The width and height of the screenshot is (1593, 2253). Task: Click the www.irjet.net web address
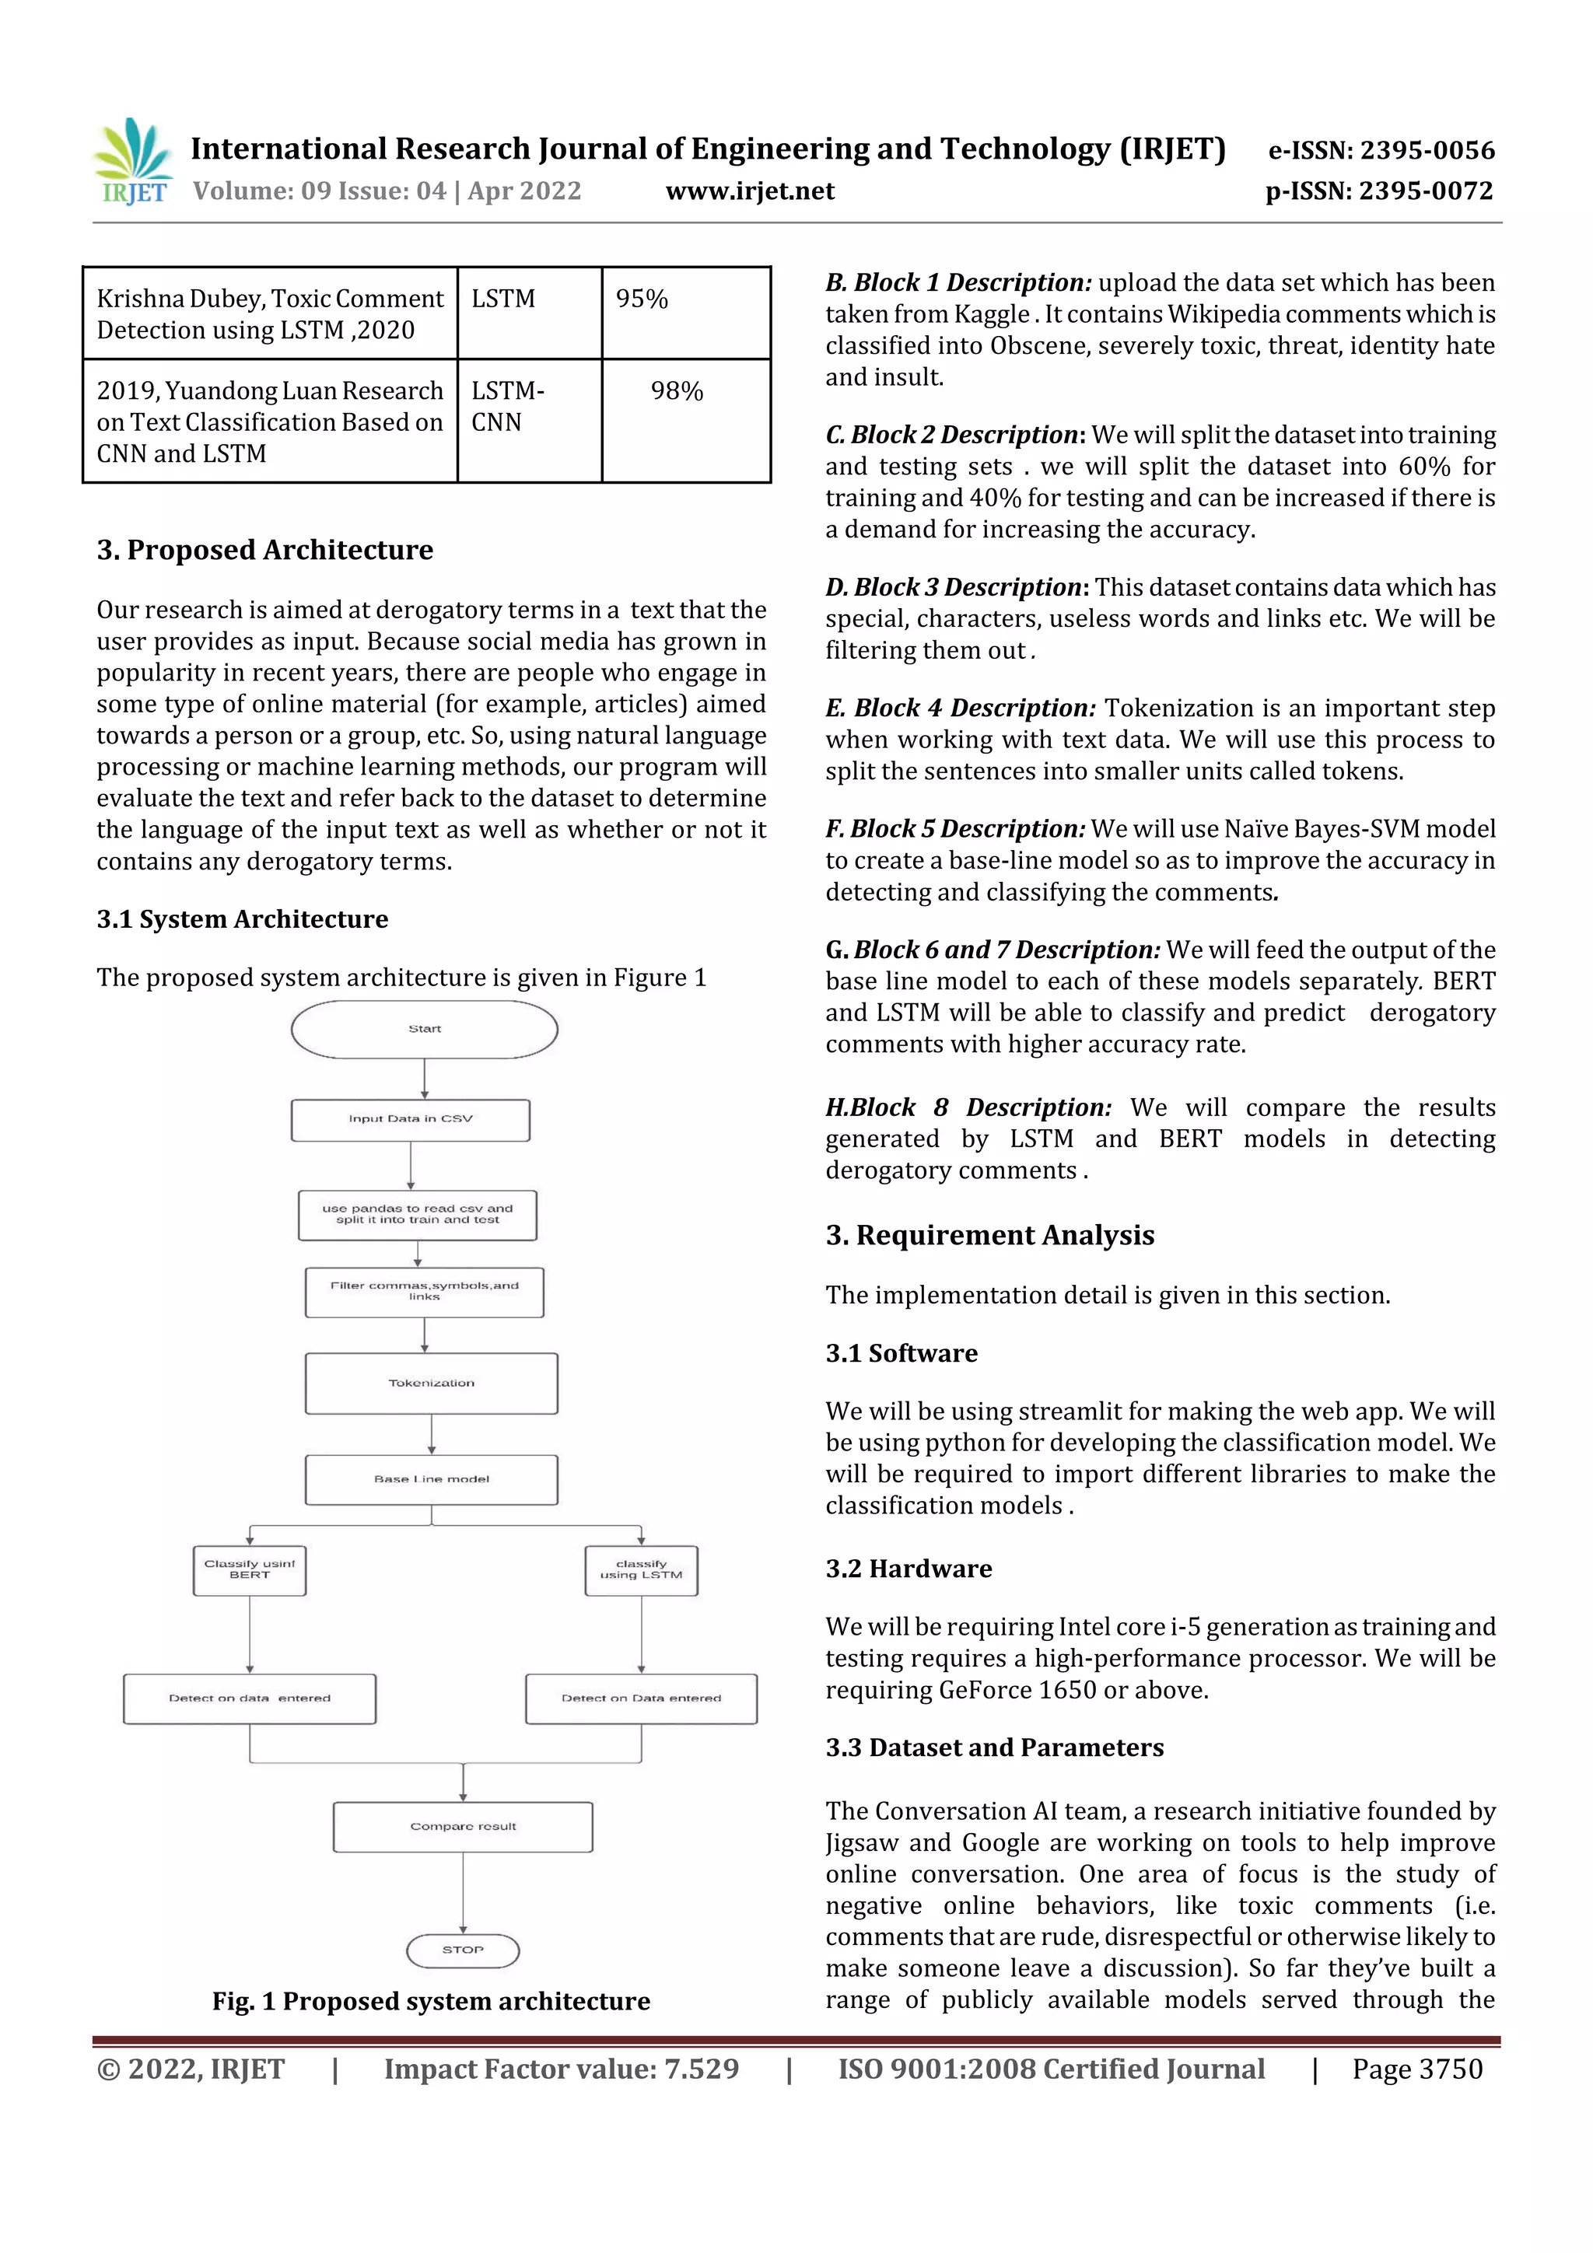coord(750,191)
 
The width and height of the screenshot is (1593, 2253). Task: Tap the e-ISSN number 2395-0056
coord(1381,150)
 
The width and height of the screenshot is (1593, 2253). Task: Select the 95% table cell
coord(685,312)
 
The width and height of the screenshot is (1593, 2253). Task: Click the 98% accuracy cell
coord(685,420)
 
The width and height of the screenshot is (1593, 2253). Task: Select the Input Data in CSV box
coord(410,1120)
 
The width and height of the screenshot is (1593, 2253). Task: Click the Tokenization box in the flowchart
coord(431,1384)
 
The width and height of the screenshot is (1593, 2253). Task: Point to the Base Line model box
coord(431,1478)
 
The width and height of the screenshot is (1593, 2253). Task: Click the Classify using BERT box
coord(250,1570)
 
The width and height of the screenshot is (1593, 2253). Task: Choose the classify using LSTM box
coord(641,1570)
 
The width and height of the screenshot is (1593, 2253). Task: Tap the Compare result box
coord(462,1826)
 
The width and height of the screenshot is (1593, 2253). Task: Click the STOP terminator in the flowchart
coord(462,1950)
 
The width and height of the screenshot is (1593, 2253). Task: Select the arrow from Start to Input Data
coord(424,1079)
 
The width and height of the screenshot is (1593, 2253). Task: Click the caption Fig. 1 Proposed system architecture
coord(431,2001)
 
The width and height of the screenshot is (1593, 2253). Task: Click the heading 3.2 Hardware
coord(908,1568)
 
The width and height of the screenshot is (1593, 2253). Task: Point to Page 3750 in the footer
coord(1416,2069)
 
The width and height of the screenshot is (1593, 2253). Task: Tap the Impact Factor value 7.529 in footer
coord(562,2069)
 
